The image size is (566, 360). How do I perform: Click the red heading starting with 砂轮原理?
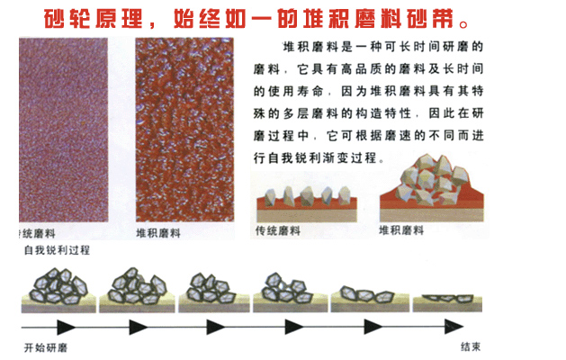coord(256,19)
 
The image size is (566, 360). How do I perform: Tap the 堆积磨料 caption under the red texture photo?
coord(158,233)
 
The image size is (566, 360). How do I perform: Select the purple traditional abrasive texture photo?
coord(64,130)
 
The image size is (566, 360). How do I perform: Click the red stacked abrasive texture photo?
coord(184,130)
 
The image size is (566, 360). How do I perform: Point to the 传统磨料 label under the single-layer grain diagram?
coord(277,230)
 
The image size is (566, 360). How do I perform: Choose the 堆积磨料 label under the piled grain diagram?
coord(401,230)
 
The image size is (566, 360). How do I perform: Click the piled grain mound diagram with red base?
coord(431,188)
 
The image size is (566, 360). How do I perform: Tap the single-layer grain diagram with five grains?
coord(307,203)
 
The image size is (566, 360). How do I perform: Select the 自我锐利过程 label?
coord(57,250)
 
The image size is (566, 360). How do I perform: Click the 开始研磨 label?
coord(46,347)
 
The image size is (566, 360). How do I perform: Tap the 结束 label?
coord(471,346)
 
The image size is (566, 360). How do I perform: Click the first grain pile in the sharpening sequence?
coord(58,290)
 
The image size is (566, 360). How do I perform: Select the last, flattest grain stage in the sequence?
coord(447,302)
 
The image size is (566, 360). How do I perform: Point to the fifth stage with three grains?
coord(370,299)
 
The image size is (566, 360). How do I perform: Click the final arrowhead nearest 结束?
coord(454,327)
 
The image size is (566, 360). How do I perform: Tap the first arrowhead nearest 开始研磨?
coord(66,327)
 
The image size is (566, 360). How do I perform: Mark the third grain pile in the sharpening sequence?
coord(214,292)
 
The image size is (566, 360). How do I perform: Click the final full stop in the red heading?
coord(463,24)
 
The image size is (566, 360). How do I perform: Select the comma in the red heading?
coord(151,25)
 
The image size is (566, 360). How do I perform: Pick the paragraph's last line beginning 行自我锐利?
coord(319,158)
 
